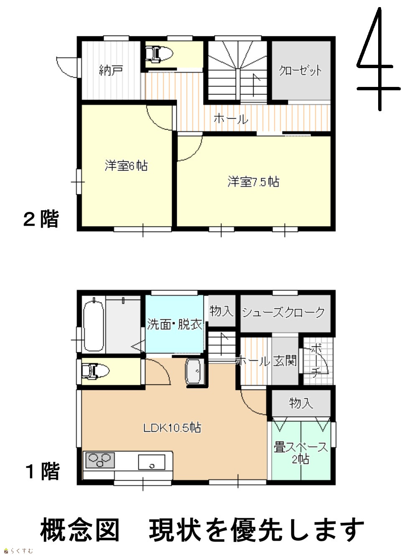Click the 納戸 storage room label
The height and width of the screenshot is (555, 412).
pos(111,70)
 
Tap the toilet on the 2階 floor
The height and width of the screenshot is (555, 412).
pos(159,54)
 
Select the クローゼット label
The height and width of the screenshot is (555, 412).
pos(300,70)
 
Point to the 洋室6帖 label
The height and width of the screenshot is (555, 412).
pos(126,165)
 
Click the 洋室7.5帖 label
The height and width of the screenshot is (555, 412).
pos(253,182)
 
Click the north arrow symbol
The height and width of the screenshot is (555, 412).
pos(379,59)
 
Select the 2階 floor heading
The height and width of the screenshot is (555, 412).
pos(41,219)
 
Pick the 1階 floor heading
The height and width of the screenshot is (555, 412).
pos(43,471)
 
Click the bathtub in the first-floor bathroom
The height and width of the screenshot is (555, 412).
pos(94,326)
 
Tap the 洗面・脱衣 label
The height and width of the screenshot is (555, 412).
pos(174,324)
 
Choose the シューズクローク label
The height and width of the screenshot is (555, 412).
pos(283,312)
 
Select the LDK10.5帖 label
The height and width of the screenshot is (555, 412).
pos(172,428)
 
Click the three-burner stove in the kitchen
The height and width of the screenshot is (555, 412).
pos(100,460)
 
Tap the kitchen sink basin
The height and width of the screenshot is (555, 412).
pos(152,462)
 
